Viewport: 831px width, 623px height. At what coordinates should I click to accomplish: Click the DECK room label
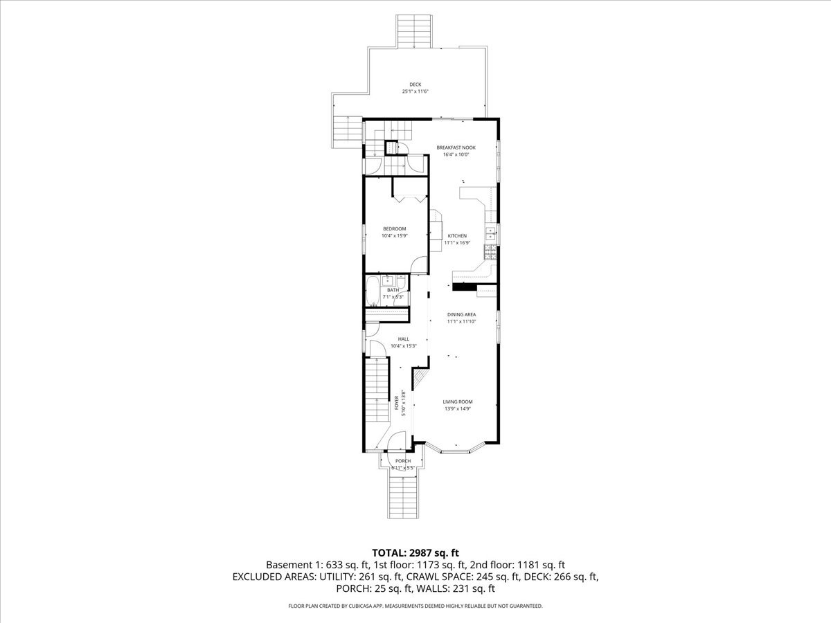pos(415,84)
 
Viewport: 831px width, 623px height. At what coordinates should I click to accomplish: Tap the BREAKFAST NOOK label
pos(456,147)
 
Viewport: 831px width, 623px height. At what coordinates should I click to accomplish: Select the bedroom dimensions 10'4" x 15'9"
pos(395,236)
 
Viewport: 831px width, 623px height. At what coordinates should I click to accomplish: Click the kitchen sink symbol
pos(490,231)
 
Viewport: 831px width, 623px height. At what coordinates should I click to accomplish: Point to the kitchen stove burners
pos(490,252)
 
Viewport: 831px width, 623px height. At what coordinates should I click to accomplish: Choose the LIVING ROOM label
pos(458,401)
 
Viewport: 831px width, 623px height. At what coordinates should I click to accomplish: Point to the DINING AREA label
pos(461,314)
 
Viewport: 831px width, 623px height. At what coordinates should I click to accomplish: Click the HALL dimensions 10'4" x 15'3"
pos(403,345)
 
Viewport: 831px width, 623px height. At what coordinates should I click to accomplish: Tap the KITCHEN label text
pos(457,236)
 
